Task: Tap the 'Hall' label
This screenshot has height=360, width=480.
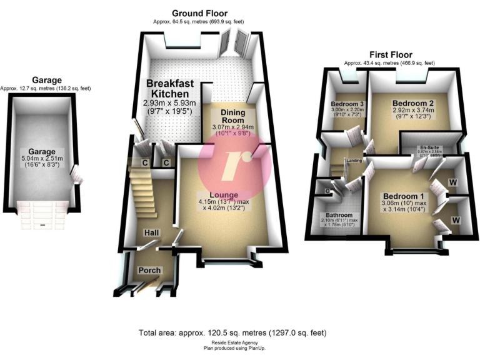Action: pyautogui.click(x=152, y=232)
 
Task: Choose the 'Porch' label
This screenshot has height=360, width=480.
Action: pyautogui.click(x=149, y=271)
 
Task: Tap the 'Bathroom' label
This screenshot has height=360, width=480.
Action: pyautogui.click(x=335, y=214)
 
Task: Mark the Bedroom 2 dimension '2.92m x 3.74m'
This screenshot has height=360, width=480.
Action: pyautogui.click(x=413, y=112)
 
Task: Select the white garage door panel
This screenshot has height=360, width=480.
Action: pyautogui.click(x=42, y=215)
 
